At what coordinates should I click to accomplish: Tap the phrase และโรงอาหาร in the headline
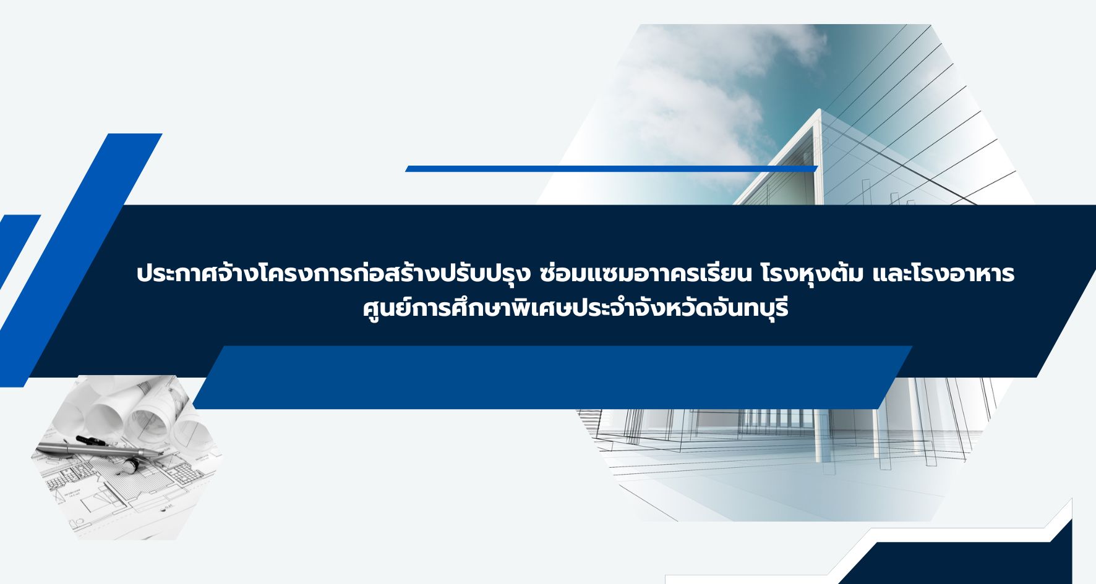[x=943, y=274]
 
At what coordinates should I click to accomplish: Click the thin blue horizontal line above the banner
[x=612, y=169]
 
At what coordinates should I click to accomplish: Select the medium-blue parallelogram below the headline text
[x=552, y=377]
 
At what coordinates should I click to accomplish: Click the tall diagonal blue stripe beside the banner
[x=80, y=260]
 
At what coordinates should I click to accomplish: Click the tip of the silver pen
[x=163, y=455]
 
